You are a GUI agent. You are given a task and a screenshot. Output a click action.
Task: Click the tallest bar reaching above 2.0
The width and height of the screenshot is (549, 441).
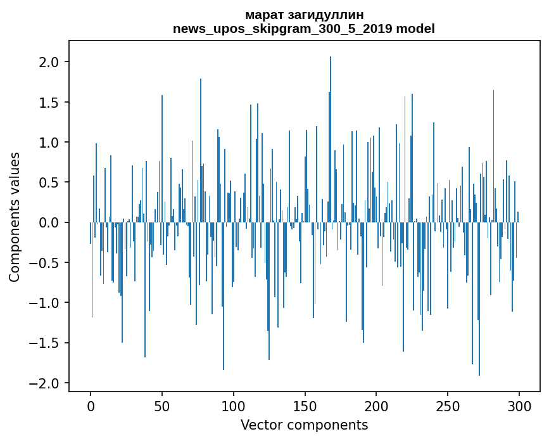click(x=331, y=139)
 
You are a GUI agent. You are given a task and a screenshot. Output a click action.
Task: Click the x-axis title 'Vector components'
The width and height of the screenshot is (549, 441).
click(x=304, y=425)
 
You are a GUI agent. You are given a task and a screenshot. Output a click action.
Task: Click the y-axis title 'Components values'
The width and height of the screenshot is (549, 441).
click(x=15, y=217)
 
